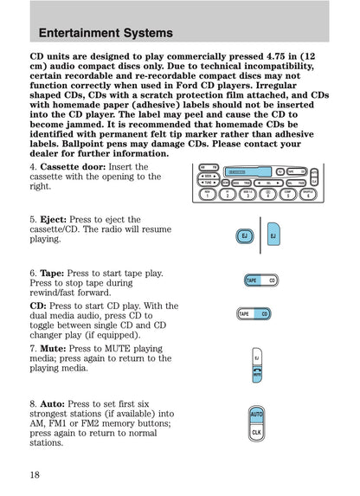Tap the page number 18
click(35, 474)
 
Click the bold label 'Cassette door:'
click(73, 167)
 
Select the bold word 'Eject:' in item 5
click(53, 219)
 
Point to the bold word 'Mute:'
click(53, 348)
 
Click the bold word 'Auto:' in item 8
click(53, 403)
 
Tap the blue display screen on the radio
click(248, 172)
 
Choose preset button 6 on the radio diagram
click(308, 194)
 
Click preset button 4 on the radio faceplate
click(268, 194)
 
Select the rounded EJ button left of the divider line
click(245, 236)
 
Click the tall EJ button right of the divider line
click(273, 234)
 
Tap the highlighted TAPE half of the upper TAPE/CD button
click(253, 280)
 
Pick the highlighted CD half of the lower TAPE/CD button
click(262, 314)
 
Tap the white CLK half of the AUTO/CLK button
click(256, 432)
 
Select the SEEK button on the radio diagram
click(208, 176)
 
